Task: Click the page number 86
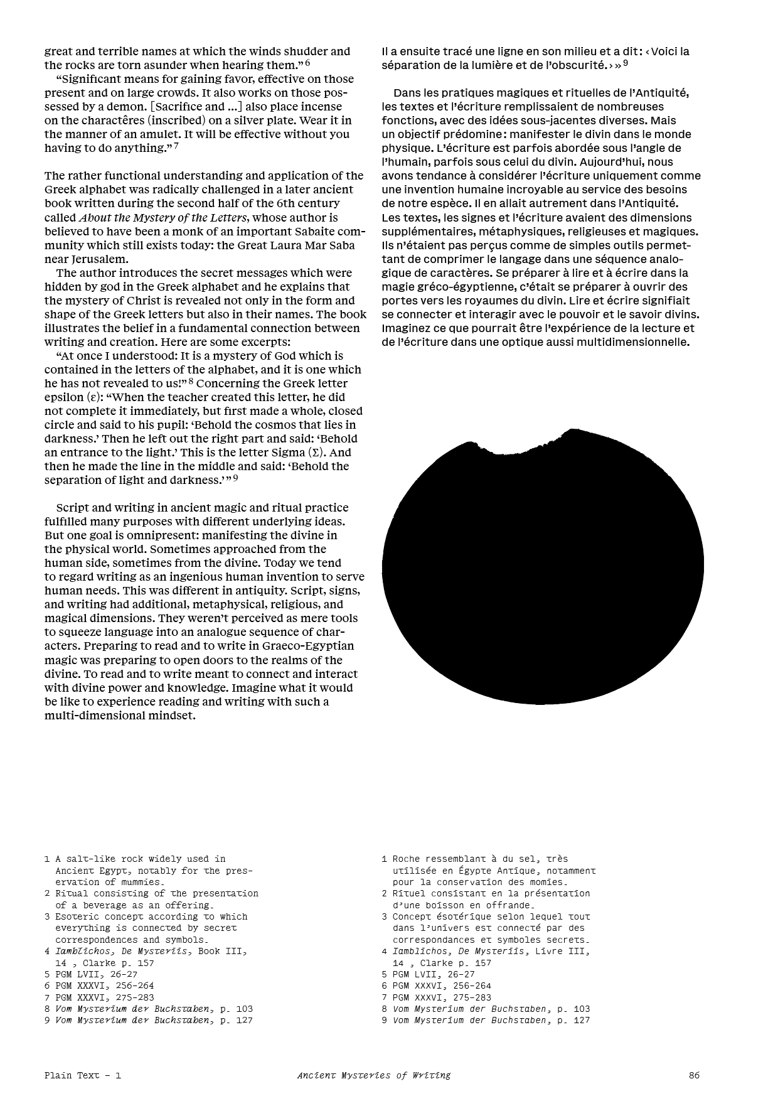point(694,1075)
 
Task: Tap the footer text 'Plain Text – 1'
point(82,1075)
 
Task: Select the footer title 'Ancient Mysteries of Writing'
point(374,1075)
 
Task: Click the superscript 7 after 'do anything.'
point(176,146)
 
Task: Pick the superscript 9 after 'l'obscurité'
point(626,63)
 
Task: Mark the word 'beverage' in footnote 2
point(99,905)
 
